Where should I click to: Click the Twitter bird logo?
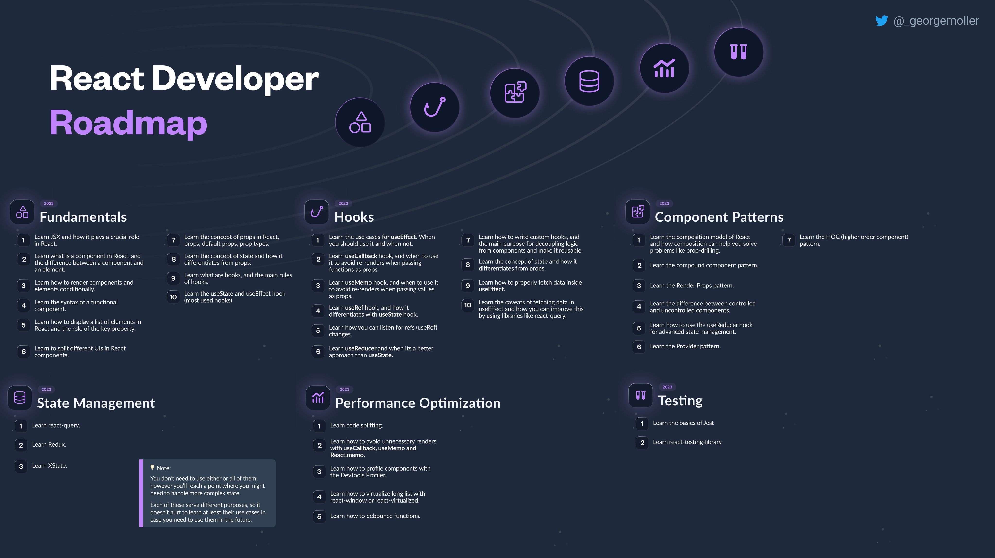(x=882, y=21)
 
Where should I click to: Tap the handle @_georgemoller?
(x=936, y=21)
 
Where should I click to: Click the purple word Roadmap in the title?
(x=128, y=123)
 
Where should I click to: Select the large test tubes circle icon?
(x=738, y=52)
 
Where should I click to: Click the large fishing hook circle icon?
(x=435, y=107)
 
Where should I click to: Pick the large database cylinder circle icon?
(x=589, y=81)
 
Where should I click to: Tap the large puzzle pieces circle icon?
(x=515, y=93)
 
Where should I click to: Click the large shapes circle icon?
(x=360, y=122)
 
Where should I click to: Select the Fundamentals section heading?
(x=83, y=217)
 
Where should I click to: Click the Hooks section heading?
(x=354, y=217)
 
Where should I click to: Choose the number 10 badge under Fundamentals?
(x=173, y=297)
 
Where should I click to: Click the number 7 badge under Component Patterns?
(x=789, y=240)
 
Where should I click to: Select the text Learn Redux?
(x=49, y=444)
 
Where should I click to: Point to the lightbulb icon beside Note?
(x=152, y=468)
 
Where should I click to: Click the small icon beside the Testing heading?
(x=640, y=395)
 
